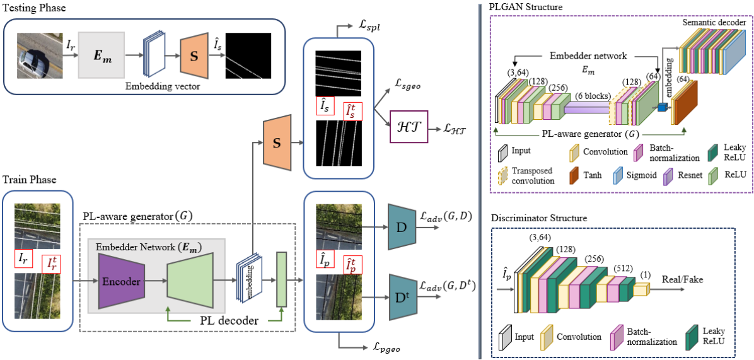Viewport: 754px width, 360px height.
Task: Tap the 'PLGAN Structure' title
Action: (526, 6)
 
